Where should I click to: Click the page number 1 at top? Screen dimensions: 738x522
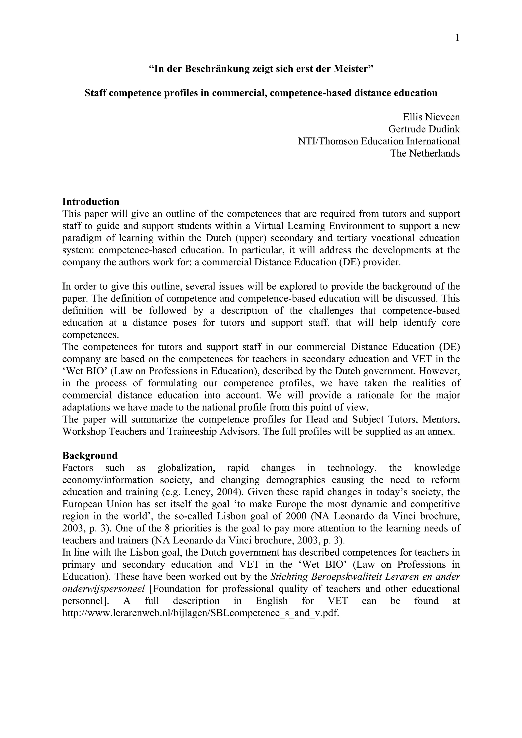tap(457, 38)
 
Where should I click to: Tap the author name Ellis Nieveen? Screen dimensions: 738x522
tap(431, 117)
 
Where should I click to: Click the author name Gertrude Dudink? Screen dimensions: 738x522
tap(424, 129)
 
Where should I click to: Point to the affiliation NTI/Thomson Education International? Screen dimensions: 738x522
tap(379, 141)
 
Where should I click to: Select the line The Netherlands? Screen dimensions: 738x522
tap(425, 153)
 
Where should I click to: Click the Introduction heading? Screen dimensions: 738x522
tap(91, 202)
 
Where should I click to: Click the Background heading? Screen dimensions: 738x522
tap(90, 456)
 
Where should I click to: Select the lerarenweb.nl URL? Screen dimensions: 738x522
tap(201, 613)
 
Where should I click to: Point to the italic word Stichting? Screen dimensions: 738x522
tap(289, 577)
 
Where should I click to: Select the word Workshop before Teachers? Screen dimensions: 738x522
tap(84, 431)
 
